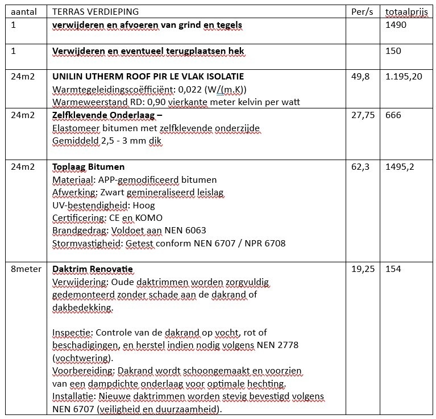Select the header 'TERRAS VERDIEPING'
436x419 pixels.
[x=95, y=12]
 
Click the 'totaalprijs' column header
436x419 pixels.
[x=406, y=12]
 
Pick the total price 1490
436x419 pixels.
[x=396, y=25]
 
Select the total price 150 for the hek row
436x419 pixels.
[x=393, y=51]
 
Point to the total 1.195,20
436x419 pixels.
[x=404, y=77]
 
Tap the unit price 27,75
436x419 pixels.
[x=363, y=115]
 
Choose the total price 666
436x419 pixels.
[x=393, y=115]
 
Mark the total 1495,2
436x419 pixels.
[x=400, y=167]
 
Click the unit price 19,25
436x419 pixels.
[x=363, y=269]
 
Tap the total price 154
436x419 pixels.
[x=393, y=269]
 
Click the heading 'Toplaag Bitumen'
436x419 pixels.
[x=88, y=167]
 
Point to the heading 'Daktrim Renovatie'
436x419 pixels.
[x=93, y=269]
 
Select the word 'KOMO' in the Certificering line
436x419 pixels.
[x=150, y=218]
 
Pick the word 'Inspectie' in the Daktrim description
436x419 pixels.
[x=70, y=332]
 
